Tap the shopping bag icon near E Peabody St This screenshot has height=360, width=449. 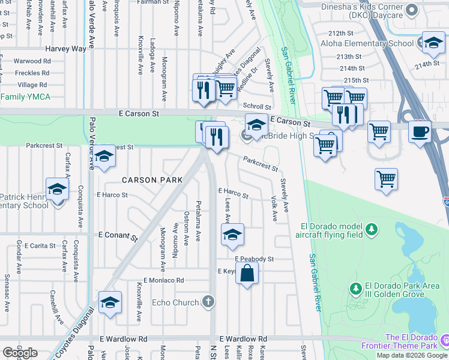pyautogui.click(x=247, y=275)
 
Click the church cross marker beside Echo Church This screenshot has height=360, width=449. pyautogui.click(x=208, y=301)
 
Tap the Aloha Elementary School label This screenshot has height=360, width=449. pyautogui.click(x=375, y=44)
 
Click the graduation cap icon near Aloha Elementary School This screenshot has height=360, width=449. pyautogui.click(x=433, y=43)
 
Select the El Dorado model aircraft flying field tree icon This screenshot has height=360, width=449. pyautogui.click(x=372, y=229)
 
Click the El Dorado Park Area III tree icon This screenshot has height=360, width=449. pyautogui.click(x=355, y=289)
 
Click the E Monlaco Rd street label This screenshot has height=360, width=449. pyautogui.click(x=158, y=280)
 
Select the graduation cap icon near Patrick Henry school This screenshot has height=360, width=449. pyautogui.click(x=58, y=189)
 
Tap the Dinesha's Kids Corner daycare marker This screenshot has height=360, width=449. pyautogui.click(x=412, y=10)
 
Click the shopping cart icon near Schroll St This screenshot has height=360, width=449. pyautogui.click(x=226, y=88)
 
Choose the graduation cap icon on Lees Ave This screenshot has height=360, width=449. pyautogui.click(x=232, y=235)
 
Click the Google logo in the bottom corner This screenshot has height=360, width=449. pyautogui.click(x=20, y=353)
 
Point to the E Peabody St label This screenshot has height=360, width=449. pyautogui.click(x=255, y=259)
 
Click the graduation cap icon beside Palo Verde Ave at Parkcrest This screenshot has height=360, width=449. pyautogui.click(x=104, y=157)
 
